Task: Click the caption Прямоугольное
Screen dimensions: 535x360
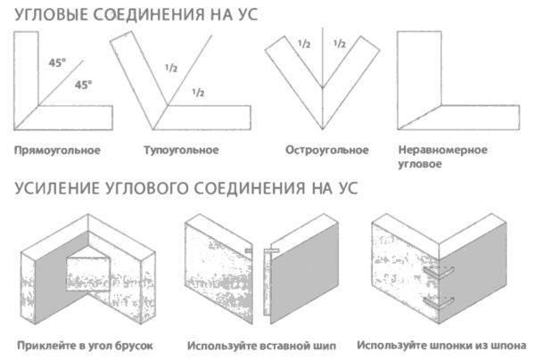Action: tap(57, 151)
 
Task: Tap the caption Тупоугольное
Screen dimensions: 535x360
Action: tap(181, 150)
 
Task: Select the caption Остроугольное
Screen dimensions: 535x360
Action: tap(327, 150)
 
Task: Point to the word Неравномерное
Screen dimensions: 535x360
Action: tap(442, 150)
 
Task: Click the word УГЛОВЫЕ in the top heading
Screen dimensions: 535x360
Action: tap(51, 14)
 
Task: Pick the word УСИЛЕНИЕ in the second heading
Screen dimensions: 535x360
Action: tap(57, 188)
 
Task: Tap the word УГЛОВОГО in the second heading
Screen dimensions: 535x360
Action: tap(147, 188)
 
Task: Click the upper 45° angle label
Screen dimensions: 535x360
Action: tap(57, 62)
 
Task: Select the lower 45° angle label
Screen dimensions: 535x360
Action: tap(83, 85)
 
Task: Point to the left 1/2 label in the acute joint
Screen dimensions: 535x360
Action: tap(304, 44)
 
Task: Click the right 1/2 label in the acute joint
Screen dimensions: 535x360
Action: tap(340, 44)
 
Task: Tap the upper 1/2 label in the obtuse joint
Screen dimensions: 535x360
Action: tap(171, 68)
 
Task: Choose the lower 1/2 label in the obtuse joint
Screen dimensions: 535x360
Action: tap(198, 92)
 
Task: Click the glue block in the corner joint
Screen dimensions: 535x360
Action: tap(88, 272)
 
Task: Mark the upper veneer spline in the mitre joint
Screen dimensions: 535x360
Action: tap(439, 273)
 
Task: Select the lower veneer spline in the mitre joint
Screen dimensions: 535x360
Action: tap(439, 303)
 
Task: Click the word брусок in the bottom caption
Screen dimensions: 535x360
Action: tap(134, 346)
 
